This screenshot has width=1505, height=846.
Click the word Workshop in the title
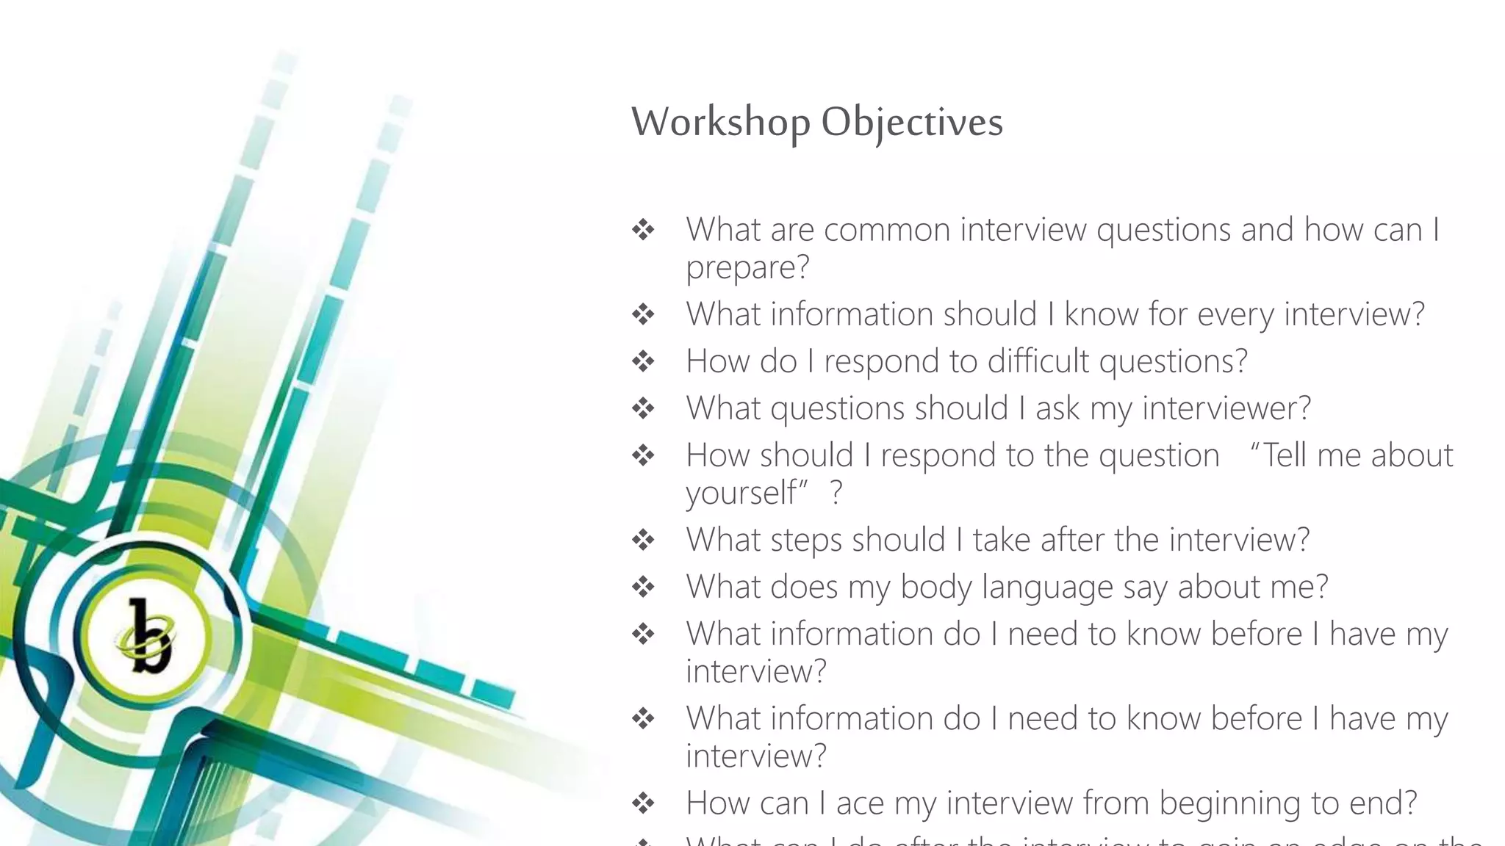click(720, 122)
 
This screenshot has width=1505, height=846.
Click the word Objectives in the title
click(911, 122)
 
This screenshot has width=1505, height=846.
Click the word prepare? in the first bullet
click(747, 267)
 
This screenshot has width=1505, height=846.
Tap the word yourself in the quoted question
click(741, 493)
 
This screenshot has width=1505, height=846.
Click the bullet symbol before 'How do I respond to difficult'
click(643, 361)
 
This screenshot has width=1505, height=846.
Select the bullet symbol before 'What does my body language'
click(643, 587)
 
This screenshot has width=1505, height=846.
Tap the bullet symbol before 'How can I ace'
click(643, 803)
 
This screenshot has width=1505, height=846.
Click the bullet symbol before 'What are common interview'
click(643, 230)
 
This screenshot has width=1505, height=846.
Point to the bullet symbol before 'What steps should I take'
click(643, 540)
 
